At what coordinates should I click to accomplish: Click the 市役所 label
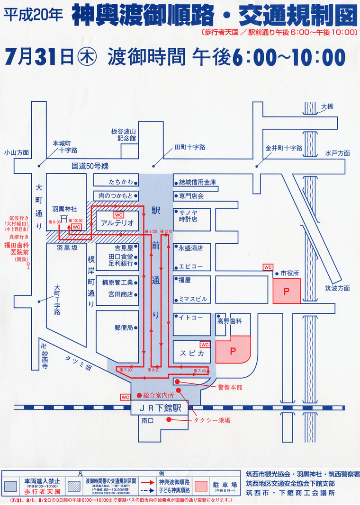290,273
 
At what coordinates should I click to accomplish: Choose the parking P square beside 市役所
286,291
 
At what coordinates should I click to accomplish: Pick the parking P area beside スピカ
233,351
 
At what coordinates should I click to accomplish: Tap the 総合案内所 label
158,395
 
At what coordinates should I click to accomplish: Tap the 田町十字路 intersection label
189,147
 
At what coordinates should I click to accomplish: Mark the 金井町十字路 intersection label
283,148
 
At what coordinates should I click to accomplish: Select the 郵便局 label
124,327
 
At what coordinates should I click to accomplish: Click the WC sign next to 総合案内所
126,396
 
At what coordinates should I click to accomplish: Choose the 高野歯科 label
230,320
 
